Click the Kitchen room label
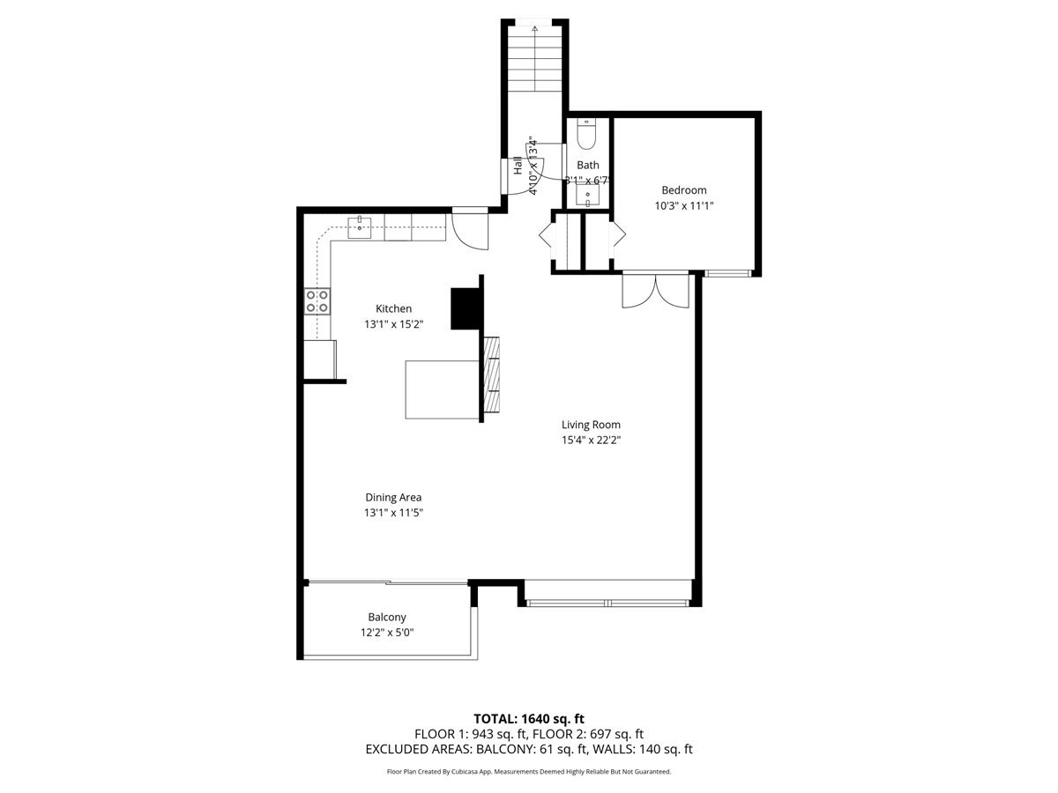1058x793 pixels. [393, 308]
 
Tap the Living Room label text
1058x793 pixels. [591, 424]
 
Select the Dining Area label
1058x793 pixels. [393, 497]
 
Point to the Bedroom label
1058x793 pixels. [683, 190]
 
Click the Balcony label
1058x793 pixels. [387, 618]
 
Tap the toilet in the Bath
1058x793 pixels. [587, 136]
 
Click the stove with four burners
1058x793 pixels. [317, 302]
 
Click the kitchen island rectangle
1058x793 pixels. [442, 389]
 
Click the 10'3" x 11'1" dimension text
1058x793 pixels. [683, 206]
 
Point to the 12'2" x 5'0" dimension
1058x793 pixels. [387, 633]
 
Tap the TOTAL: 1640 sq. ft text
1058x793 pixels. [528, 719]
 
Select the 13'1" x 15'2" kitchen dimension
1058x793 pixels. [393, 324]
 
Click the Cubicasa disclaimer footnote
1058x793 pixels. [528, 772]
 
